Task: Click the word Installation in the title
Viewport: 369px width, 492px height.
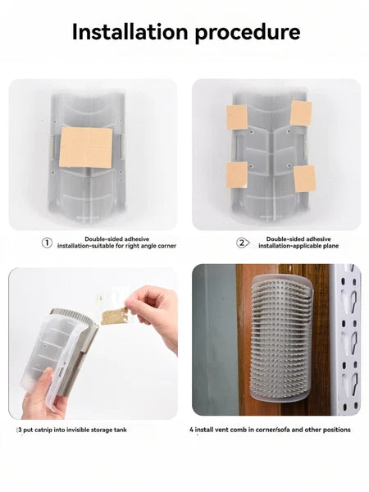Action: click(130, 32)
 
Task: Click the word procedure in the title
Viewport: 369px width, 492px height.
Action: click(248, 33)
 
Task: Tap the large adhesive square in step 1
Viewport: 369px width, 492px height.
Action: click(85, 147)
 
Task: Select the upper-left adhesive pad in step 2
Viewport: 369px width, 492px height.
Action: click(237, 117)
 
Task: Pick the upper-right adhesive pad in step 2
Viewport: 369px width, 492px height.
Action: click(301, 113)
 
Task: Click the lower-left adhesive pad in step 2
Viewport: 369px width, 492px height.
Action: click(237, 175)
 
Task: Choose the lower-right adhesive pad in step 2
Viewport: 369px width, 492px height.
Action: click(305, 179)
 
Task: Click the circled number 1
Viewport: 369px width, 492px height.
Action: click(47, 243)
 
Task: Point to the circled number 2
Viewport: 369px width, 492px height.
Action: click(242, 243)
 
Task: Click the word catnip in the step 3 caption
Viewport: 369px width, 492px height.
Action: click(43, 430)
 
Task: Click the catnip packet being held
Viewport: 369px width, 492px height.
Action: click(114, 314)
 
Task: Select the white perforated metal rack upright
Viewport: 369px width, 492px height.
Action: click(348, 339)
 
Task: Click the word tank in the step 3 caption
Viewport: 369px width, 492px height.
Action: click(121, 430)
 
